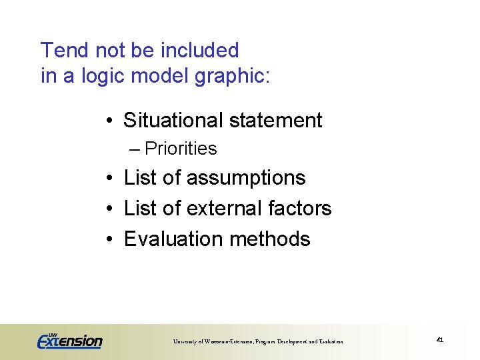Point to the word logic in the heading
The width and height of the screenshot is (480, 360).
point(103,77)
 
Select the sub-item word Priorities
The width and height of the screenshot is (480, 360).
point(181,149)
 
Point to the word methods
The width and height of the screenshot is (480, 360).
point(279,239)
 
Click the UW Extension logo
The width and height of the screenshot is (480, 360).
point(69,340)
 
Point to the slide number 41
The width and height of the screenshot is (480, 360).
point(439,340)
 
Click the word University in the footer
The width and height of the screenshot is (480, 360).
point(187,342)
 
